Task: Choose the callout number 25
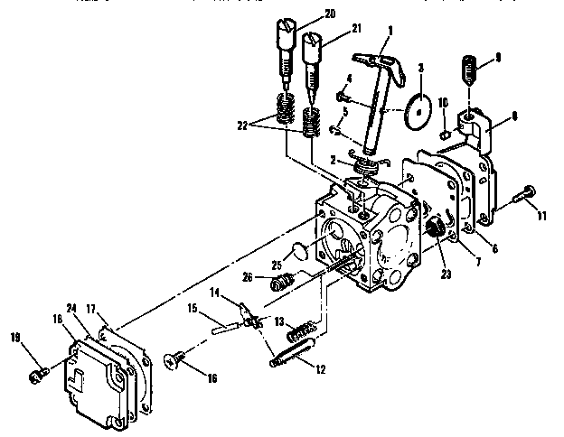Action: pos(277,264)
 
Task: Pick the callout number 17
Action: pos(90,309)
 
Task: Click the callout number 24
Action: pos(71,306)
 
